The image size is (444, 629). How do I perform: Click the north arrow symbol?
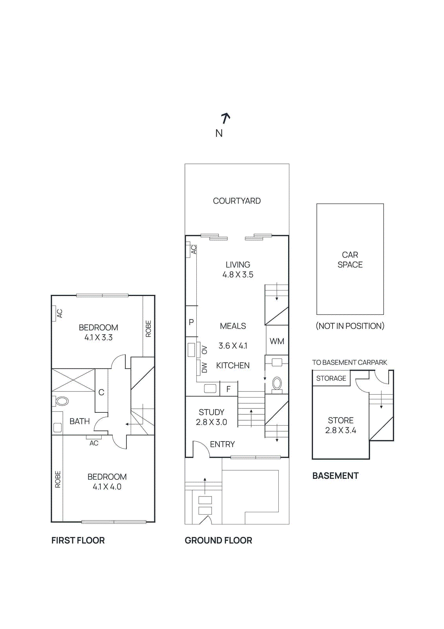point(225,118)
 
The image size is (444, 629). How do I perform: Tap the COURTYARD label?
point(237,201)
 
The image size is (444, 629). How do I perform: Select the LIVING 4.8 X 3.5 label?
point(238,270)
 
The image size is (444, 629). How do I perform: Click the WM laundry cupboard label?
point(277,341)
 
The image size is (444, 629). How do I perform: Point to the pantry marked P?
point(191,322)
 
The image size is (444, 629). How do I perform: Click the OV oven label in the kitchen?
point(204,349)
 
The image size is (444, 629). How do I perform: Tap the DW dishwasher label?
point(204,368)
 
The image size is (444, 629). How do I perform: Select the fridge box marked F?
point(228,389)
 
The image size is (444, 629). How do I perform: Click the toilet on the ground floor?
point(277,384)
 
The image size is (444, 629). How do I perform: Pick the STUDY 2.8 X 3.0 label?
point(211,417)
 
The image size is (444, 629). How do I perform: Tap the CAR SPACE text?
point(350,260)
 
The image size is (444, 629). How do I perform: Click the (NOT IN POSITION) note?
point(350,326)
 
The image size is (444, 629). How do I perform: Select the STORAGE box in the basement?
point(331,378)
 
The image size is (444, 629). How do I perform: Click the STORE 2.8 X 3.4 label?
point(340,425)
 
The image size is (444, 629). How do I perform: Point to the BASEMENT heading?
point(335,476)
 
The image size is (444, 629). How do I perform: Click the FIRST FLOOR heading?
point(78,540)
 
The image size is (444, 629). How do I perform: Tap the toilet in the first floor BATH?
point(61,401)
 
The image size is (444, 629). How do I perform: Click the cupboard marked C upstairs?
point(101,392)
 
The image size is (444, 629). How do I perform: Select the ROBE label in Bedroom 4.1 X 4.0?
point(58,479)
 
